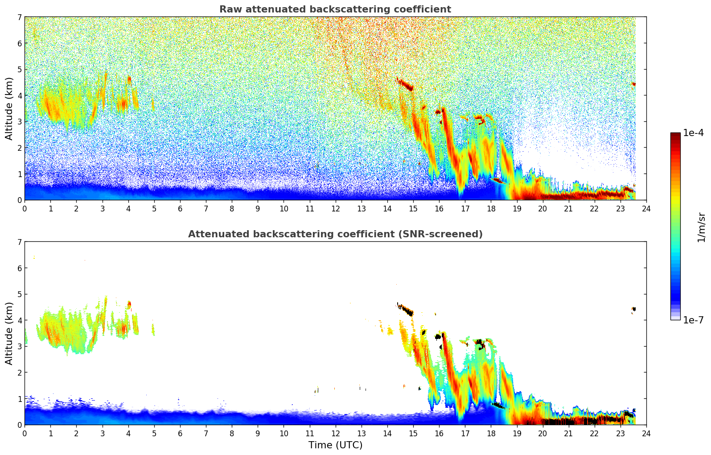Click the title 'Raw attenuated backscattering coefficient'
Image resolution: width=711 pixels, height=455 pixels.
[x=335, y=9]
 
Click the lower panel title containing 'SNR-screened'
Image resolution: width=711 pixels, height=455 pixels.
[x=335, y=234]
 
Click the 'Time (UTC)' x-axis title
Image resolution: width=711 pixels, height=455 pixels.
[x=335, y=445]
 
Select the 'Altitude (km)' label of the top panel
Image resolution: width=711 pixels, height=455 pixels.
[x=9, y=108]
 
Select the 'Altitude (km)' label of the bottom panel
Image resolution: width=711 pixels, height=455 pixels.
[x=9, y=333]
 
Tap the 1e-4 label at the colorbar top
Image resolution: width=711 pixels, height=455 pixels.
[x=693, y=133]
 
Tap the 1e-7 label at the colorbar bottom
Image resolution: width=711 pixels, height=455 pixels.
[x=693, y=320]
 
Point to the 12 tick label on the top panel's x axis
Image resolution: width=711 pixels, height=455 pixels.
[x=335, y=208]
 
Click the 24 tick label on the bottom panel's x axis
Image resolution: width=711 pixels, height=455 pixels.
[x=646, y=433]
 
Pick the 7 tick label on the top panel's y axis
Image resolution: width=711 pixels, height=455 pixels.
[x=20, y=17]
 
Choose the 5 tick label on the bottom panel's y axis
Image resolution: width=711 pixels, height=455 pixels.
[x=20, y=294]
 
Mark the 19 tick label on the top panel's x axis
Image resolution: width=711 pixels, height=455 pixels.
[x=517, y=208]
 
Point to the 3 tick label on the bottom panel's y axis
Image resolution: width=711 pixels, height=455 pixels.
[x=20, y=347]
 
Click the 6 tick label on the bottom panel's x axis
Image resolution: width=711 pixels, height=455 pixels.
[x=180, y=433]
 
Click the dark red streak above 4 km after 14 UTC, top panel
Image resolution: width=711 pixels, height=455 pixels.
[x=405, y=84]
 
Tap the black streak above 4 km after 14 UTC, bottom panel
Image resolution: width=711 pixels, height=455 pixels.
[x=406, y=309]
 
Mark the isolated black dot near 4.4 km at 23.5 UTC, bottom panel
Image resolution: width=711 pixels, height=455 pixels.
[x=633, y=309]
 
